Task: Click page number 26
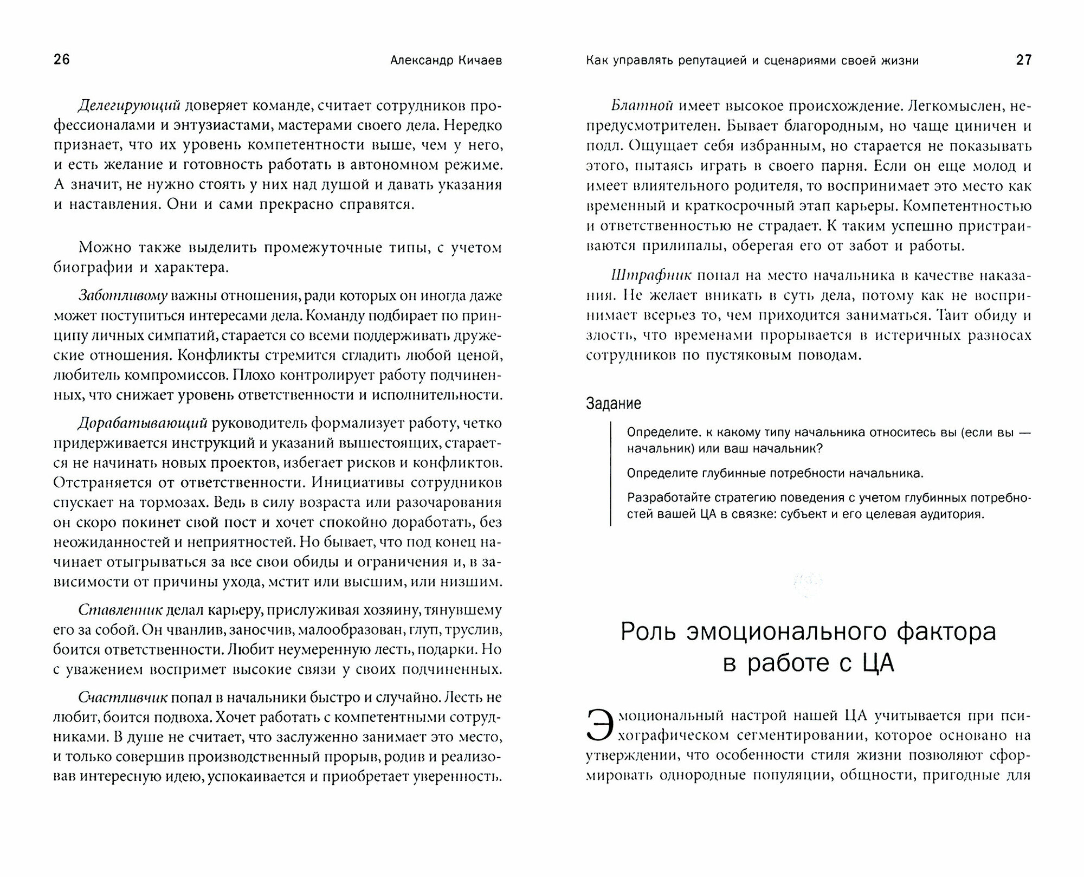pyautogui.click(x=62, y=60)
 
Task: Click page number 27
pyautogui.click(x=1023, y=60)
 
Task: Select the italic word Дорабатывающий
pyautogui.click(x=143, y=423)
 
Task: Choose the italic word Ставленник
pyautogui.click(x=120, y=610)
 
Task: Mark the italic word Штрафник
pyautogui.click(x=650, y=275)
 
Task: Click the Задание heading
pyautogui.click(x=614, y=403)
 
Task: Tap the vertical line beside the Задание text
pyautogui.click(x=611, y=474)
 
